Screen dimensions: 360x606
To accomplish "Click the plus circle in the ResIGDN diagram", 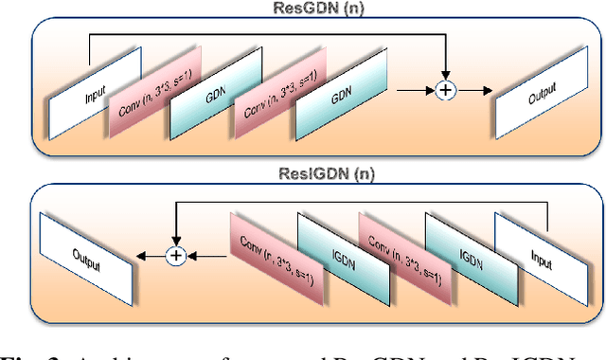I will (174, 254).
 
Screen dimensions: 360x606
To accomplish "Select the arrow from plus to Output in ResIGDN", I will (150, 254).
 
